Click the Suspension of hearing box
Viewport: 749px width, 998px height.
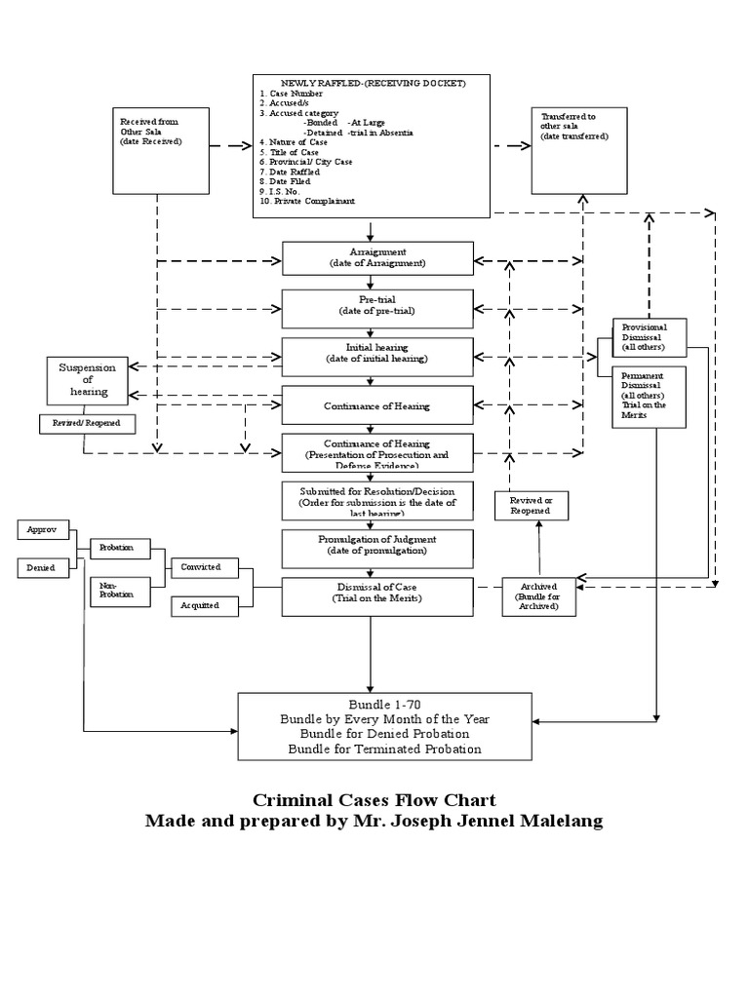pos(88,380)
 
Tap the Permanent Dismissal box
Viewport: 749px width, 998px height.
pos(650,397)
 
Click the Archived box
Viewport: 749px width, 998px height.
pos(539,596)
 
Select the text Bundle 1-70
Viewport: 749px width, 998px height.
pos(384,705)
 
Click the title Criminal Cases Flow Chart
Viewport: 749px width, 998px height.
pos(374,800)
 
